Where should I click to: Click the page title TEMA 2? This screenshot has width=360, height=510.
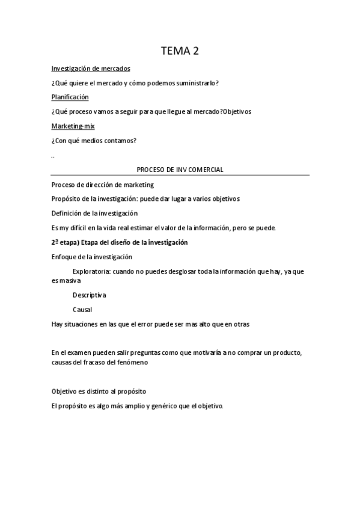180,51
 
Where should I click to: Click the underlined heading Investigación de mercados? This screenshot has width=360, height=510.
91,69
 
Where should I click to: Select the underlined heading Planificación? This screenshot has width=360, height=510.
70,97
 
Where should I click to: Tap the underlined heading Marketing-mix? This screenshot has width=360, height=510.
73,126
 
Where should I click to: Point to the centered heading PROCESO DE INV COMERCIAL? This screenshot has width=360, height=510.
180,170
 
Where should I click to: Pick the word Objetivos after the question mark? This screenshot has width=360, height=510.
237,111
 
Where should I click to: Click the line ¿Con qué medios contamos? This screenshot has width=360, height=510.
94,141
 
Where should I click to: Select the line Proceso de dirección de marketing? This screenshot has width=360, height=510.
102,185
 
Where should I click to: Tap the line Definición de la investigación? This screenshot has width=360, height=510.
94,213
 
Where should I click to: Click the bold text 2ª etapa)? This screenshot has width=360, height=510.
66,242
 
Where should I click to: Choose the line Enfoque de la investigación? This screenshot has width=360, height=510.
92,257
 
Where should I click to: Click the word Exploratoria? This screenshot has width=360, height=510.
91,271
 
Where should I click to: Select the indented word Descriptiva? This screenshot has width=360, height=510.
89,295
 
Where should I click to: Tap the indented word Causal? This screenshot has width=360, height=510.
82,310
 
